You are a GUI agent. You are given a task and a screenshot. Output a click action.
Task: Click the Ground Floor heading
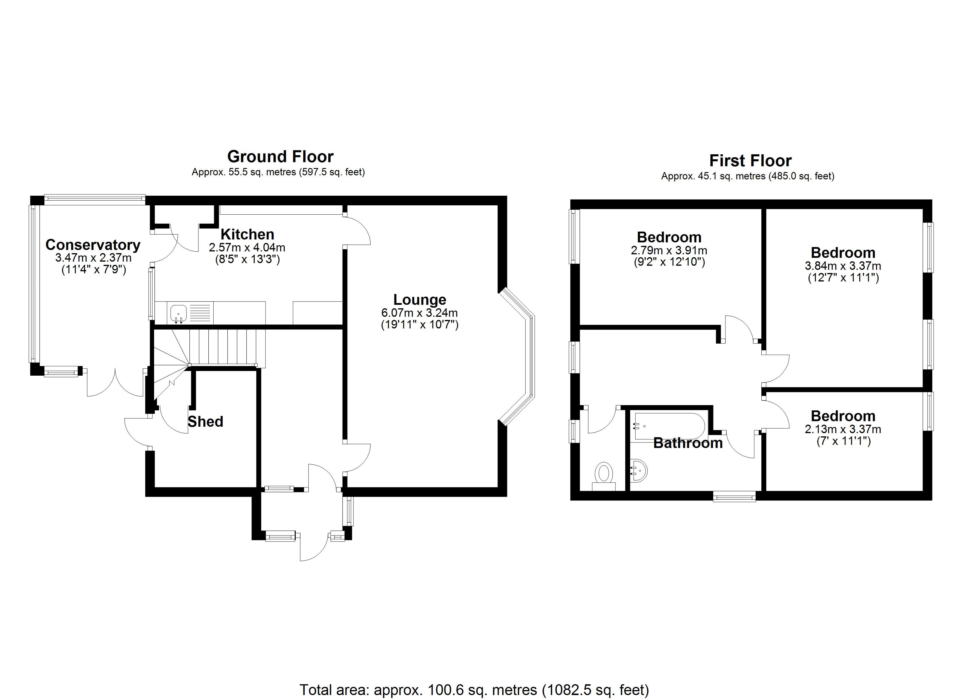[x=280, y=157]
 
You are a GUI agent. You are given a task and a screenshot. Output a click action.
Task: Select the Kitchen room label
[x=247, y=234]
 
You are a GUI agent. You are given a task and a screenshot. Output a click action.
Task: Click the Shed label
[x=205, y=421]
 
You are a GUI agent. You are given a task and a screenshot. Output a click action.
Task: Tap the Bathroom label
[x=688, y=443]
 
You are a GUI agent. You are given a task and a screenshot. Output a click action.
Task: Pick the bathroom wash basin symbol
[x=638, y=471]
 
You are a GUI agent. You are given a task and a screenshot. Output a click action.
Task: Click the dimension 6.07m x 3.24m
[x=420, y=313]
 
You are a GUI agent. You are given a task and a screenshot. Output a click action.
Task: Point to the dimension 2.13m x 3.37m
[x=842, y=429]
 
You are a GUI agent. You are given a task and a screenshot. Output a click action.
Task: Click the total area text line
[x=474, y=690]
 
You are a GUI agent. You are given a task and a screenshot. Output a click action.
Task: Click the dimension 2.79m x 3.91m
[x=669, y=251]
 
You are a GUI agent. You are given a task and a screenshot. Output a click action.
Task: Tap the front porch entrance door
[x=314, y=548]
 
